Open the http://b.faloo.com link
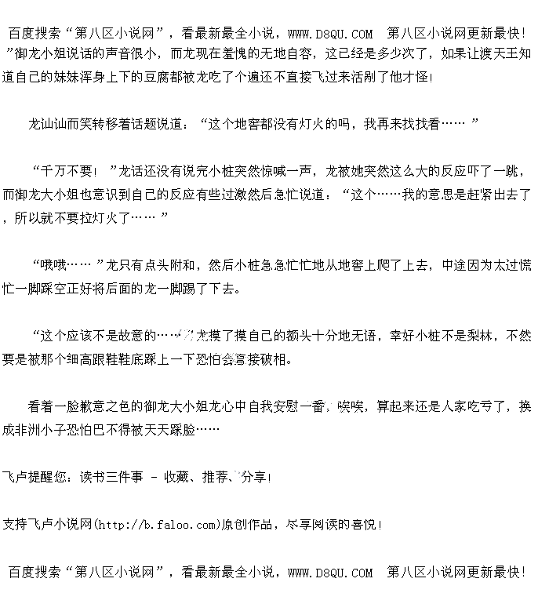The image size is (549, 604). [x=155, y=524]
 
